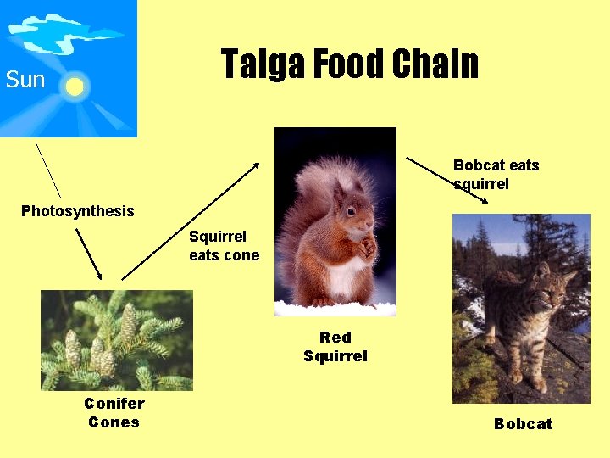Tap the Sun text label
[x=25, y=81]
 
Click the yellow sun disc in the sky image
[x=75, y=87]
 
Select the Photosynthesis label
[x=77, y=211]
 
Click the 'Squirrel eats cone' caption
[x=224, y=246]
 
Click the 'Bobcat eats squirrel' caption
[x=496, y=174]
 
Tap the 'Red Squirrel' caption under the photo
[x=335, y=347]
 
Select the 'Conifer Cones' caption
[x=114, y=413]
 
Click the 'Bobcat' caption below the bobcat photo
[x=523, y=424]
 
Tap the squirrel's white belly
[x=346, y=276]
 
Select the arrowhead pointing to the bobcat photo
[x=484, y=200]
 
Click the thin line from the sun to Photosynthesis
[x=48, y=170]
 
